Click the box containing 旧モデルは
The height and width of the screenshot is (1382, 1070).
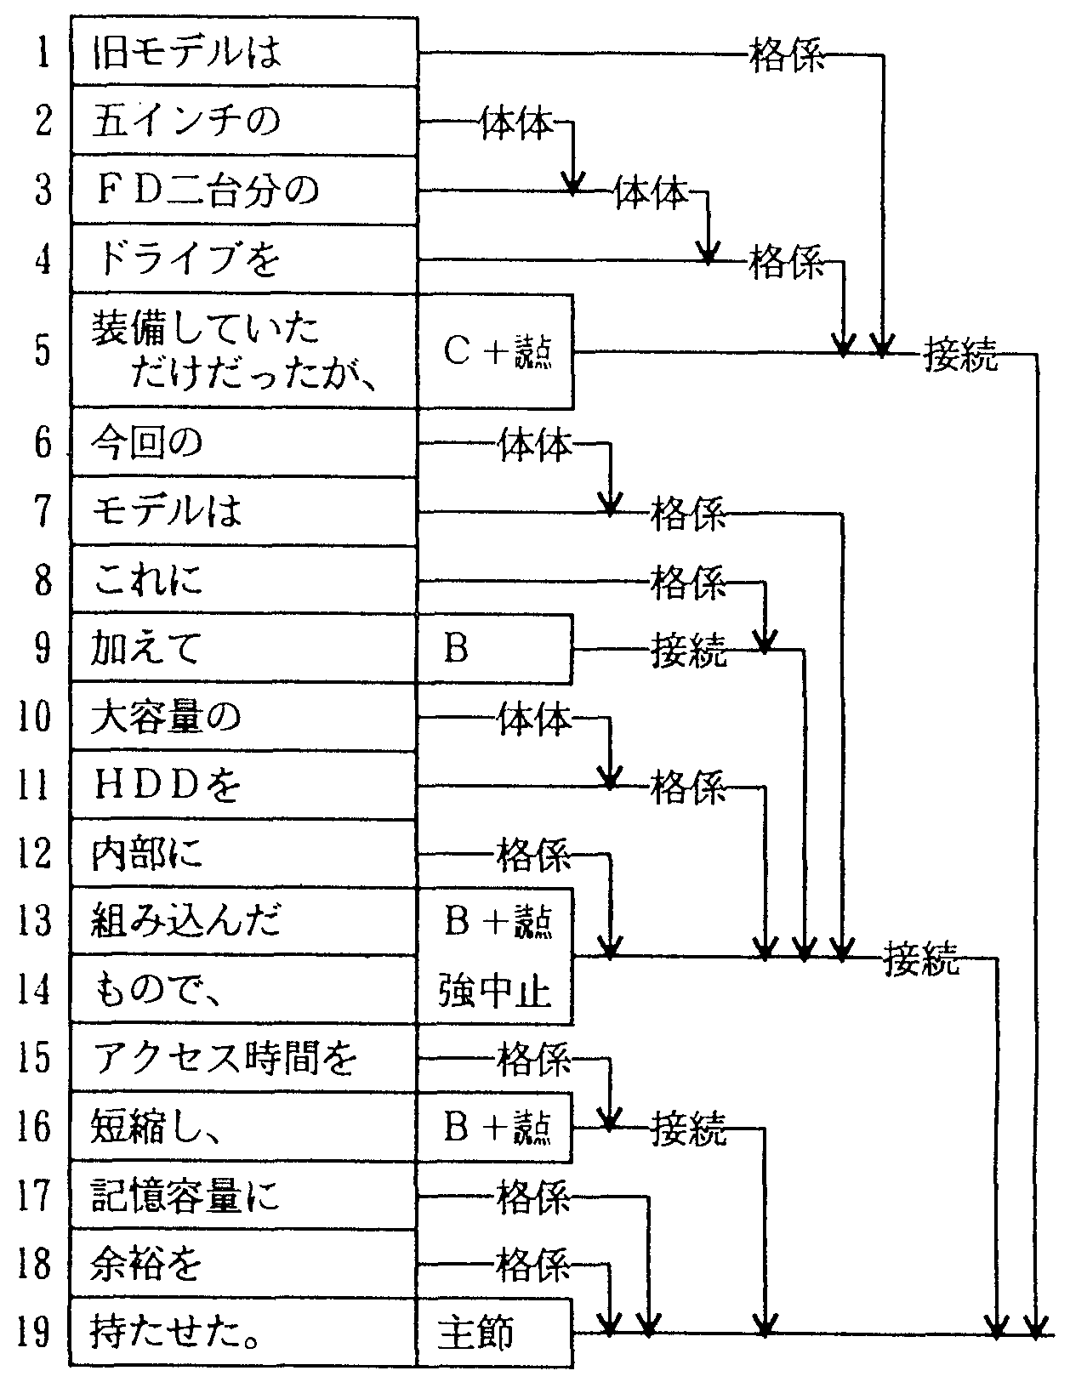(243, 51)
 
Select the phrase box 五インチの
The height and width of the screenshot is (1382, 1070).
(243, 120)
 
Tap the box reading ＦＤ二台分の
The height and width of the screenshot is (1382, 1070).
(243, 189)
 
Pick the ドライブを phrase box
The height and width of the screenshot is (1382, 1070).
(243, 259)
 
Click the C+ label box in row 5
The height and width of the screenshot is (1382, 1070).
(495, 351)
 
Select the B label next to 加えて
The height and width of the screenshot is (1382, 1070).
(493, 649)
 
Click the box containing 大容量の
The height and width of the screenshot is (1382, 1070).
(243, 718)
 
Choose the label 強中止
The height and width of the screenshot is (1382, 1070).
(495, 992)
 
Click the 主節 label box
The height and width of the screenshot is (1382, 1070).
(493, 1333)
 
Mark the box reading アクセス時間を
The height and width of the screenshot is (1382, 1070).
(243, 1059)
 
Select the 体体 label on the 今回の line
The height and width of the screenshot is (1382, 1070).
(535, 444)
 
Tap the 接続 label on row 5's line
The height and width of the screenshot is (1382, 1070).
(960, 354)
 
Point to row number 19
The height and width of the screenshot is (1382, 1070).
(34, 1333)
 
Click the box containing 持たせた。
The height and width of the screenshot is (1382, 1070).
(243, 1333)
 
